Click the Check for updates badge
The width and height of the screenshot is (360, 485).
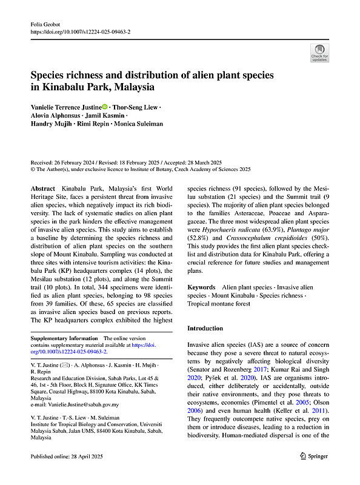point(319,53)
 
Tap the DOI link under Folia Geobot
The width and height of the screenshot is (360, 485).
point(79,31)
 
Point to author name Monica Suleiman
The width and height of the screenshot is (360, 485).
point(139,124)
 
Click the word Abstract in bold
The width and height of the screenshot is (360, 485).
point(44,190)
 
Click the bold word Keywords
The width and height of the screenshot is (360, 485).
point(202,286)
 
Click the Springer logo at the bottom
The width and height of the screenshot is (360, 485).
point(314,472)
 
